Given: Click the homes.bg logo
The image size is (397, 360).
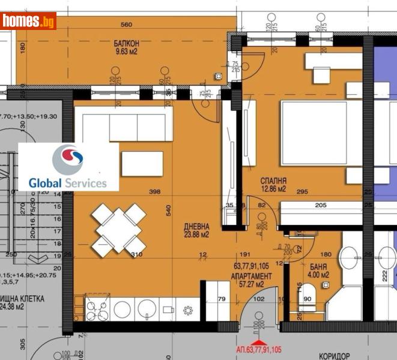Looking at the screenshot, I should (29, 21).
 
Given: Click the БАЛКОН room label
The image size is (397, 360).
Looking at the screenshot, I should (127, 43).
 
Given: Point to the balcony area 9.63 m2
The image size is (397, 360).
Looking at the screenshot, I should (127, 52).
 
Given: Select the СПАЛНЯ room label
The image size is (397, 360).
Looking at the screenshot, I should (273, 181).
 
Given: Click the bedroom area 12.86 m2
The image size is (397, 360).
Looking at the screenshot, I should (273, 190).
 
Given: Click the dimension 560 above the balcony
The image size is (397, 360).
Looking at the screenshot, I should (126, 25).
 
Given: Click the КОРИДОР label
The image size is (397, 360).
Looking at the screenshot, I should (335, 356).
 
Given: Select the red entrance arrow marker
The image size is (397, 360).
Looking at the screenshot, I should (259, 342).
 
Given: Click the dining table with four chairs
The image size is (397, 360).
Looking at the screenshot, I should (118, 228).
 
